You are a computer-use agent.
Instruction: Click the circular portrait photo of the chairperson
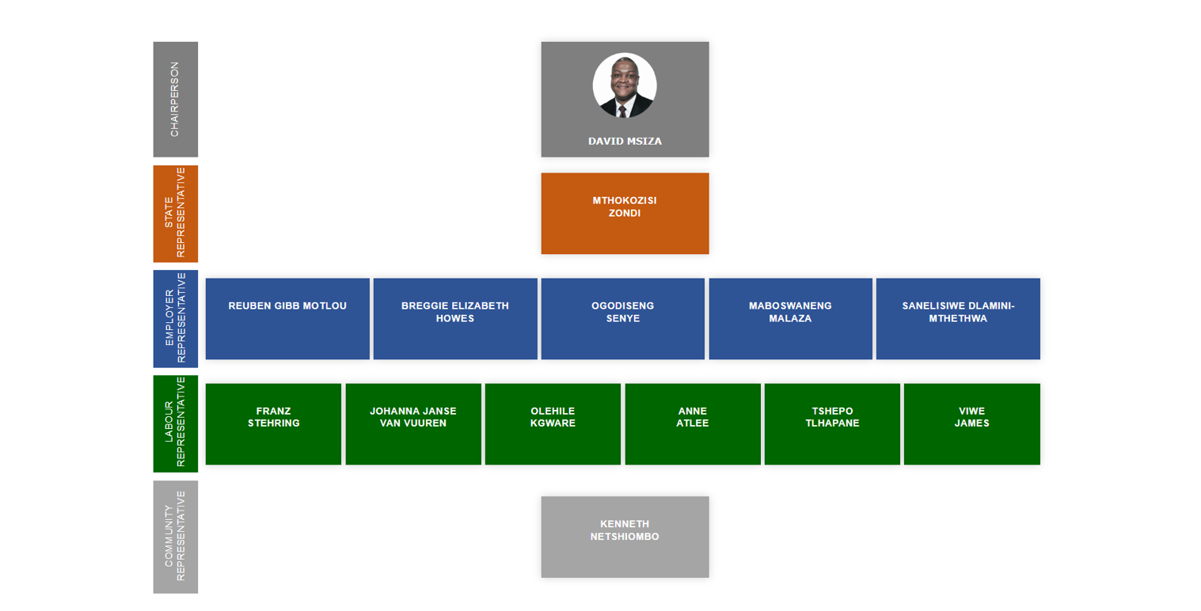[624, 85]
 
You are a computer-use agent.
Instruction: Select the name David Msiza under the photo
[625, 141]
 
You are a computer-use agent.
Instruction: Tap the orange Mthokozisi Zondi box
[625, 213]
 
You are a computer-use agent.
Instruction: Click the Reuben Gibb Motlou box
[287, 318]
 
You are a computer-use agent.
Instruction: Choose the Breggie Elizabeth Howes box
[455, 318]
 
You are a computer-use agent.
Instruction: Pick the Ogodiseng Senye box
[622, 318]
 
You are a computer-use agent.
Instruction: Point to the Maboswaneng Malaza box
[790, 318]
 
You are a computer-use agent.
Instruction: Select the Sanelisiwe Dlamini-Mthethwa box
[958, 318]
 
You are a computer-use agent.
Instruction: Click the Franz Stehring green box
[273, 423]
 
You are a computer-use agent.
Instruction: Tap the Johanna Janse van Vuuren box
[413, 423]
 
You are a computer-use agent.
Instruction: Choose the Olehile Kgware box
[553, 423]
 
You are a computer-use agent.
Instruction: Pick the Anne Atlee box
[693, 423]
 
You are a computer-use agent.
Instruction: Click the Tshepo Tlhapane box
[832, 423]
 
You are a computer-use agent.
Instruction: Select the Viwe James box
[971, 423]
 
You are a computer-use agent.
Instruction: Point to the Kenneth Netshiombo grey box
[625, 537]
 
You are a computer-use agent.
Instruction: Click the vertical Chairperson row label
[175, 99]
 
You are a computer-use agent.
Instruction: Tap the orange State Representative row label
[175, 214]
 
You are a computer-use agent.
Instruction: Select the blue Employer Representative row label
[175, 318]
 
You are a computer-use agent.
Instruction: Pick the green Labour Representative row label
[175, 423]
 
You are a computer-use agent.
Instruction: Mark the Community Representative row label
[175, 537]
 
